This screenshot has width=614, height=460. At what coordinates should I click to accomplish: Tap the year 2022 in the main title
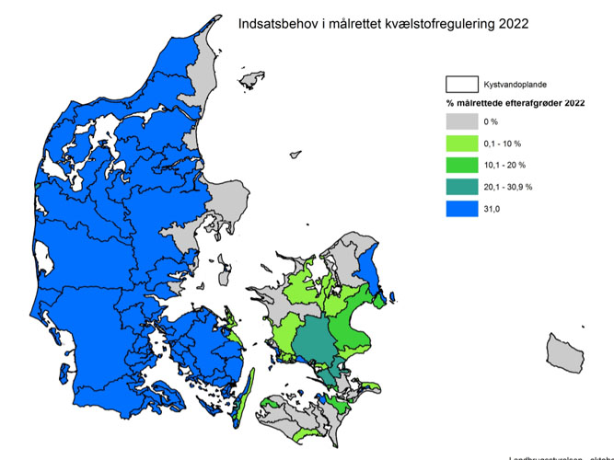512,25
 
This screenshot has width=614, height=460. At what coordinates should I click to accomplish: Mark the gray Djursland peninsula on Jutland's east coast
224,198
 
